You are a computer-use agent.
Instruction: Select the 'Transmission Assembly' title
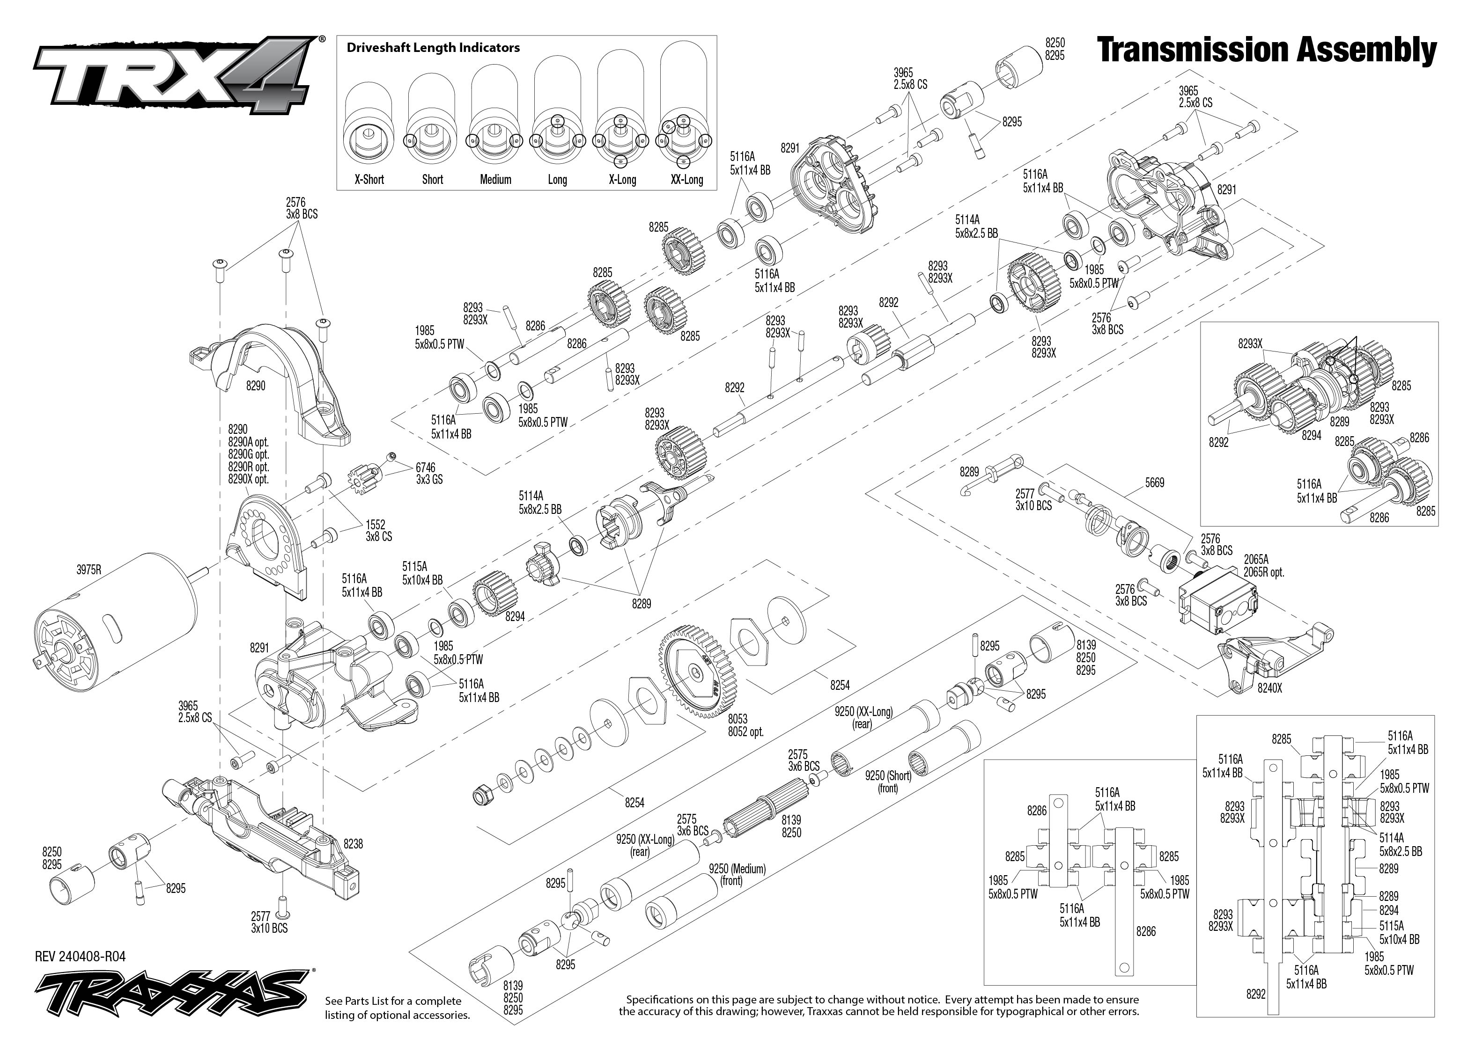(x=1266, y=51)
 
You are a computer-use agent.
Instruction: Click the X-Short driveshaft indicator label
(x=369, y=180)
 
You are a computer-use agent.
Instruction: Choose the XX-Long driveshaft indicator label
(x=687, y=180)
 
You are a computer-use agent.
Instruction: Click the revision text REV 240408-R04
(x=81, y=957)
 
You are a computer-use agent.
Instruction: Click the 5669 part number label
(x=1155, y=483)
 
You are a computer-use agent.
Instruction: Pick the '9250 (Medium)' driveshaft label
(x=737, y=869)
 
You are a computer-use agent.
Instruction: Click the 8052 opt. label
(x=746, y=731)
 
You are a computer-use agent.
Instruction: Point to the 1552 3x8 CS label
(x=379, y=530)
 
